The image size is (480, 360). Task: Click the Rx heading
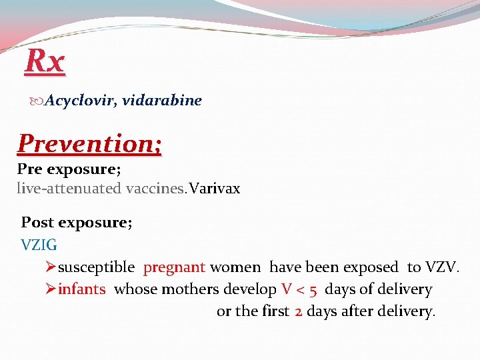[x=45, y=62]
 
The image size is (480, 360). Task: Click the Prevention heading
[x=89, y=143]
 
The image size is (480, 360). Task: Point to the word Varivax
[x=215, y=189]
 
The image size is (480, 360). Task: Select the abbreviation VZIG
[x=39, y=245]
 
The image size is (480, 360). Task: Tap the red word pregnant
[x=174, y=267]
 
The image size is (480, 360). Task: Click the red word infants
[x=81, y=289]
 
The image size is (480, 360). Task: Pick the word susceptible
[x=97, y=267]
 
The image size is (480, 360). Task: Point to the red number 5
[x=312, y=289]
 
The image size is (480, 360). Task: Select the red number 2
[x=299, y=311]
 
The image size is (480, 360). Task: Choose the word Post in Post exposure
[x=37, y=222]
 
